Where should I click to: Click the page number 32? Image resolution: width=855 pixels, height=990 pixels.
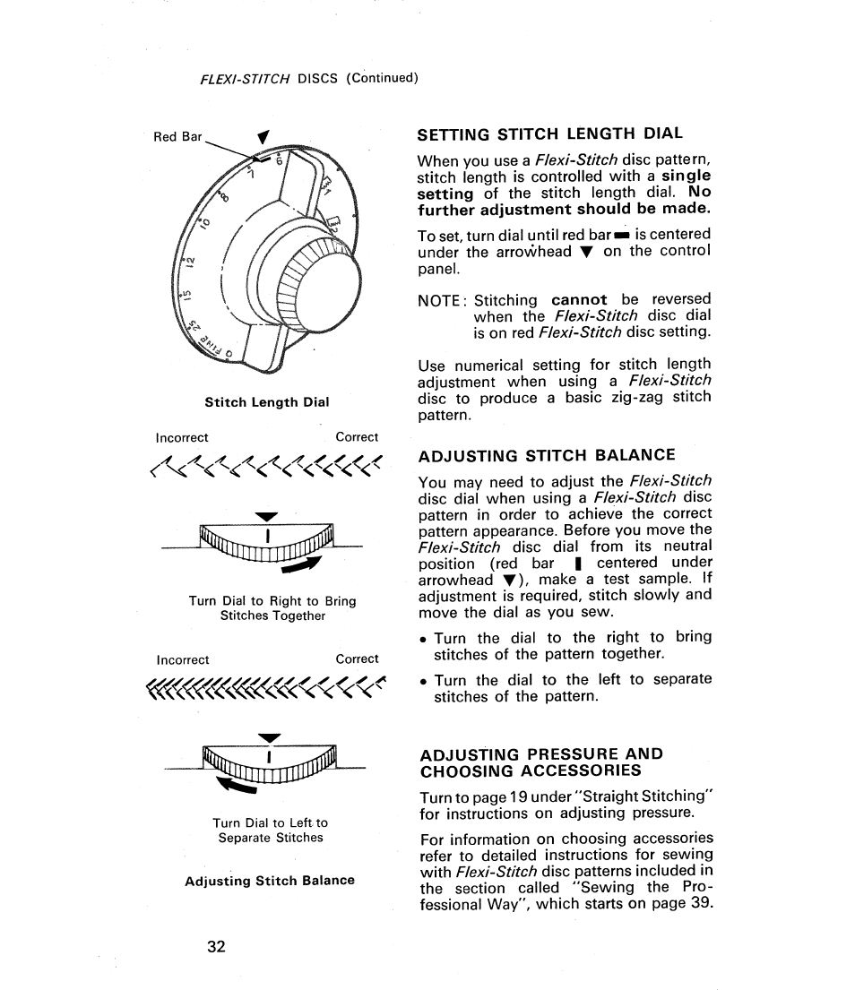coord(214,948)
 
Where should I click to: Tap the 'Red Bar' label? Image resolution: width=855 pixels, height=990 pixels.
coord(177,137)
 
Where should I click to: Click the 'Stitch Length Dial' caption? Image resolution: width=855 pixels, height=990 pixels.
coord(267,402)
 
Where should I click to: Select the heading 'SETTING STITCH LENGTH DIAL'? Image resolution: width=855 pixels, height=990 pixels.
coord(550,133)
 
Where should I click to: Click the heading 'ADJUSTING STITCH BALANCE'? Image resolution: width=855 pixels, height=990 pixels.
coord(547,455)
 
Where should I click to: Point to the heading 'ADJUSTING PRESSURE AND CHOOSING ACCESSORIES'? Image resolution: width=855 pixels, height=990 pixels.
coord(541,762)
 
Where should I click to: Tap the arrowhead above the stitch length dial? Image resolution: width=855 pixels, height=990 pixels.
coord(262,137)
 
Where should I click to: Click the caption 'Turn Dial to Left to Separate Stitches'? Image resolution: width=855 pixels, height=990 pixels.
coord(271,830)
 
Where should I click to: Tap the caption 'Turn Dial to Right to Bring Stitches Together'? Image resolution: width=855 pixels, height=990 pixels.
coord(272,608)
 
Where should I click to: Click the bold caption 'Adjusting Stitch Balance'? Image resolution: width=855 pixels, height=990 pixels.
coord(270,881)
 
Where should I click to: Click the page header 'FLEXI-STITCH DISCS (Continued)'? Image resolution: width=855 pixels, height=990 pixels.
coord(309,77)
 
